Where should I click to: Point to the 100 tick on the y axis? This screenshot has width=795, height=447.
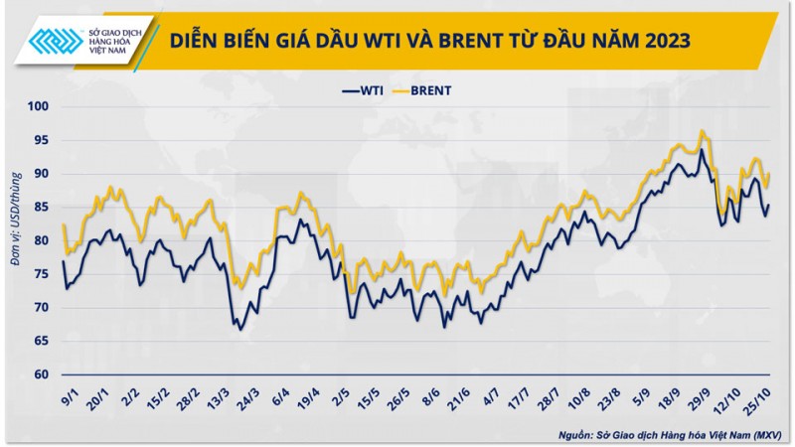[39, 106]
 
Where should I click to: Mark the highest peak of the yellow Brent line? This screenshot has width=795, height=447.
[702, 130]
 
